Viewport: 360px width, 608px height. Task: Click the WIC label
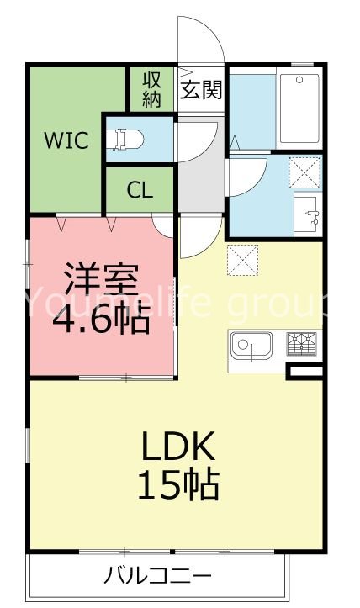[66, 140]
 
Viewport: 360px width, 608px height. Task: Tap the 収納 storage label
[151, 89]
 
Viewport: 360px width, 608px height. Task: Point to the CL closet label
[140, 190]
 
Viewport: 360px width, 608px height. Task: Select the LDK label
[179, 445]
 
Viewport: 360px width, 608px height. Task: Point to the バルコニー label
[158, 577]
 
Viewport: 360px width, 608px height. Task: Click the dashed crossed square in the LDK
[244, 259]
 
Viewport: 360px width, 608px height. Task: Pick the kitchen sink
[251, 346]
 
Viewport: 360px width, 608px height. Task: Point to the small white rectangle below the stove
[305, 371]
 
